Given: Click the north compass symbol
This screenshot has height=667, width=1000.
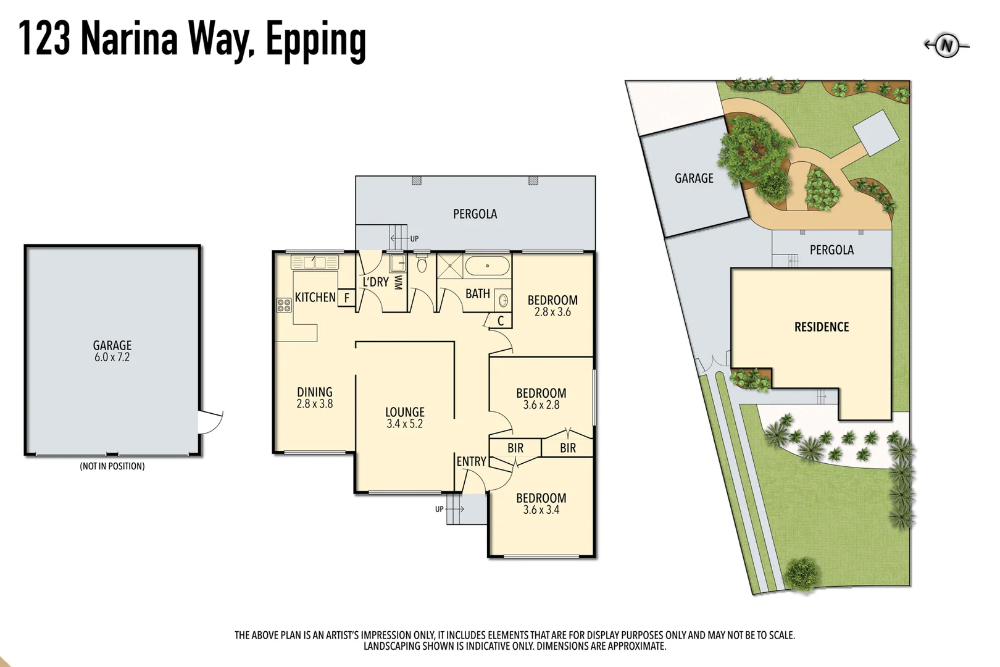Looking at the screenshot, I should [x=946, y=46].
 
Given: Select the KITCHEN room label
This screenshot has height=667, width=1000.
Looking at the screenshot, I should [x=315, y=297].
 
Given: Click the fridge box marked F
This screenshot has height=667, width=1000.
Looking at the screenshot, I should [x=347, y=298].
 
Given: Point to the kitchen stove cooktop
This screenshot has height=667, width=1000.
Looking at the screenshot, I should [x=284, y=304].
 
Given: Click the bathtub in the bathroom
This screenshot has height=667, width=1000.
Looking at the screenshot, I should [x=487, y=266].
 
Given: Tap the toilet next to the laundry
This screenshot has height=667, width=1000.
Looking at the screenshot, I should [x=422, y=264].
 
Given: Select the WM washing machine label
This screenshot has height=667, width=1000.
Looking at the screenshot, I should [x=398, y=282].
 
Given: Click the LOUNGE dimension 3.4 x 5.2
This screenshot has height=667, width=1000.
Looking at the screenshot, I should [x=404, y=424].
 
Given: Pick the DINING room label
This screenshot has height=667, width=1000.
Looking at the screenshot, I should [x=314, y=392].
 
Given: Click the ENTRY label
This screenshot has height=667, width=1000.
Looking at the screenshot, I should [x=471, y=461].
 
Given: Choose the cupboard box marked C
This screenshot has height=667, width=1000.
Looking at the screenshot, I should [x=501, y=321].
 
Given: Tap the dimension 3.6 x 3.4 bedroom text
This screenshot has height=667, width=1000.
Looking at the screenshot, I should [x=541, y=510].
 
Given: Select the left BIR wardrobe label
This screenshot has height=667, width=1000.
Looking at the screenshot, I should [x=515, y=448].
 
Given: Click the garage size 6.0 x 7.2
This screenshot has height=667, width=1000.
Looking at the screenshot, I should [x=112, y=358].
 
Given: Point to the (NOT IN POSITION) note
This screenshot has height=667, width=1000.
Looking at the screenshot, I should [x=112, y=466].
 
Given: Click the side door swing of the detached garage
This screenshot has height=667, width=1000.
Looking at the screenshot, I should [x=210, y=422].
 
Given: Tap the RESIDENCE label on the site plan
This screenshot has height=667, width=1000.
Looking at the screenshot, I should [x=821, y=327].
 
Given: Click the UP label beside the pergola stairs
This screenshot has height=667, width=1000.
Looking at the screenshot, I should [x=414, y=239].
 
